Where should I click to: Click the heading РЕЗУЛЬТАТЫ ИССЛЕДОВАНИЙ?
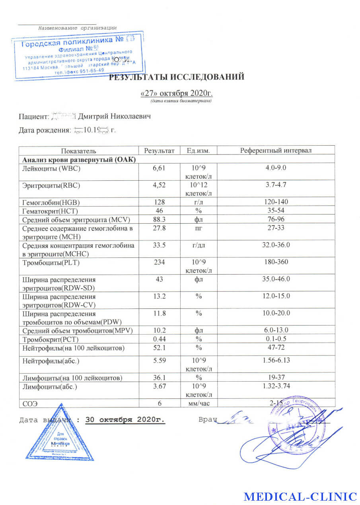point(177,77)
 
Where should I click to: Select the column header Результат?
point(159,150)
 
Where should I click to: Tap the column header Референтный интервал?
point(276,150)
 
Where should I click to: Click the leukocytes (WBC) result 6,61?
point(159,168)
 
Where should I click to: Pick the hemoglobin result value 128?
point(159,202)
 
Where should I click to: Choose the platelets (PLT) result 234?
point(159,262)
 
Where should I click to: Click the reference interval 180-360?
point(276,262)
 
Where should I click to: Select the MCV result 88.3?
point(159,219)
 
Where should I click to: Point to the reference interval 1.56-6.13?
point(276,360)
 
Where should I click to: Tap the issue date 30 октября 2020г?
point(125,420)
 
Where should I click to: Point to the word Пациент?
point(33,116)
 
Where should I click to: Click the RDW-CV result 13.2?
point(159,296)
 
